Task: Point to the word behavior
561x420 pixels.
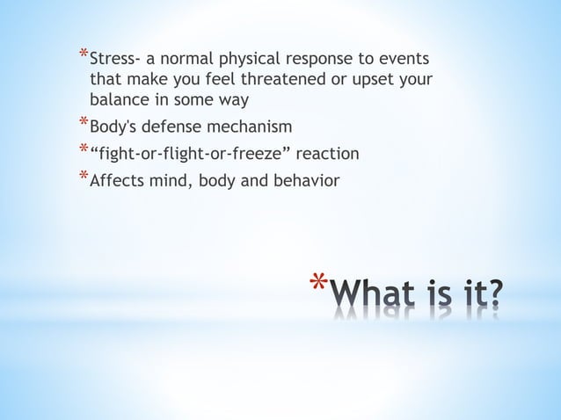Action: pyautogui.click(x=307, y=181)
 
